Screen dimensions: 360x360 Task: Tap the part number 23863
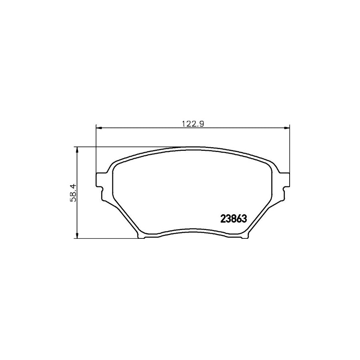(x=234, y=219)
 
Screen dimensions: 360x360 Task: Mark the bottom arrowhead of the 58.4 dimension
(x=76, y=236)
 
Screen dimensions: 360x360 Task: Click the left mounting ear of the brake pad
(x=101, y=180)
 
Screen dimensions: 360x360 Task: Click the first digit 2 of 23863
(x=223, y=219)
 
